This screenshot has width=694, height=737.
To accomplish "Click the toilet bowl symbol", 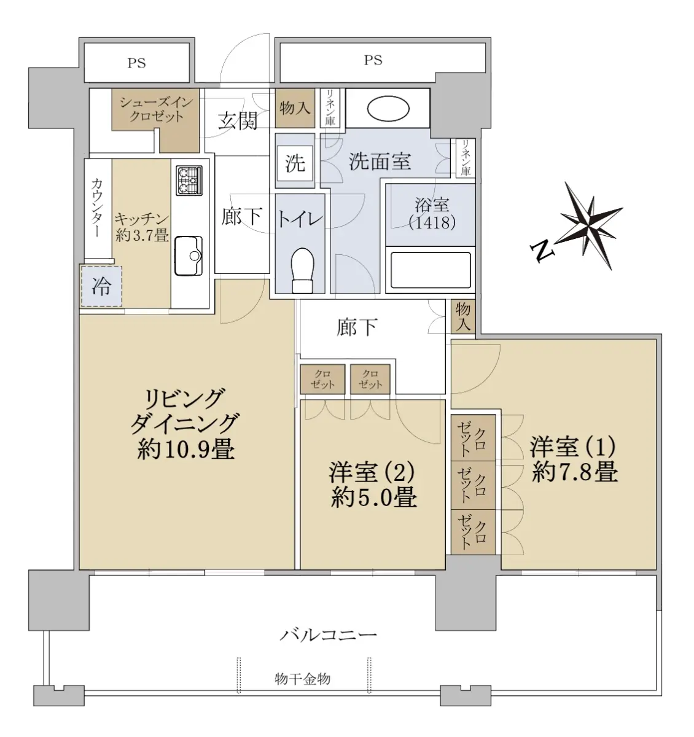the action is (302, 270).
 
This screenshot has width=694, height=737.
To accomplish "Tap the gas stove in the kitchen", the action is (189, 181).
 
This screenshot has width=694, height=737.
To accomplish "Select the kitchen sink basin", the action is (188, 255).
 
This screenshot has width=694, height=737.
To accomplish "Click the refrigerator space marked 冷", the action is (101, 286).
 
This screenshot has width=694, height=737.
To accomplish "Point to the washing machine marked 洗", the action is (295, 163).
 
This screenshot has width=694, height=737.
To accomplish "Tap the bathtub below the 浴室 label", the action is (431, 270).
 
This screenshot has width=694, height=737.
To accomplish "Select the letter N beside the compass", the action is (542, 251).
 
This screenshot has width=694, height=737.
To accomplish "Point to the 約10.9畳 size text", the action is (185, 450).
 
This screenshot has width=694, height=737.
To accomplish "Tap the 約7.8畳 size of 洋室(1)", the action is (574, 472).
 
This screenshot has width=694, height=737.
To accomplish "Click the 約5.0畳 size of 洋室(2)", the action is (373, 497).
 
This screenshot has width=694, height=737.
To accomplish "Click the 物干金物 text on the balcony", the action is (302, 679).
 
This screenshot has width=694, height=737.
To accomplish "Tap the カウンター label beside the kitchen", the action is (97, 208).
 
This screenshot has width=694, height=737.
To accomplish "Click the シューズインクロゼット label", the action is (156, 109).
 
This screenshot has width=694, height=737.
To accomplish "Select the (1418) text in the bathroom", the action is (432, 222).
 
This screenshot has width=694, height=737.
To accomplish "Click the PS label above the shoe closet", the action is (136, 63).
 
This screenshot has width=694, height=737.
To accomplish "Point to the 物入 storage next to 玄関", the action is (295, 108).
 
